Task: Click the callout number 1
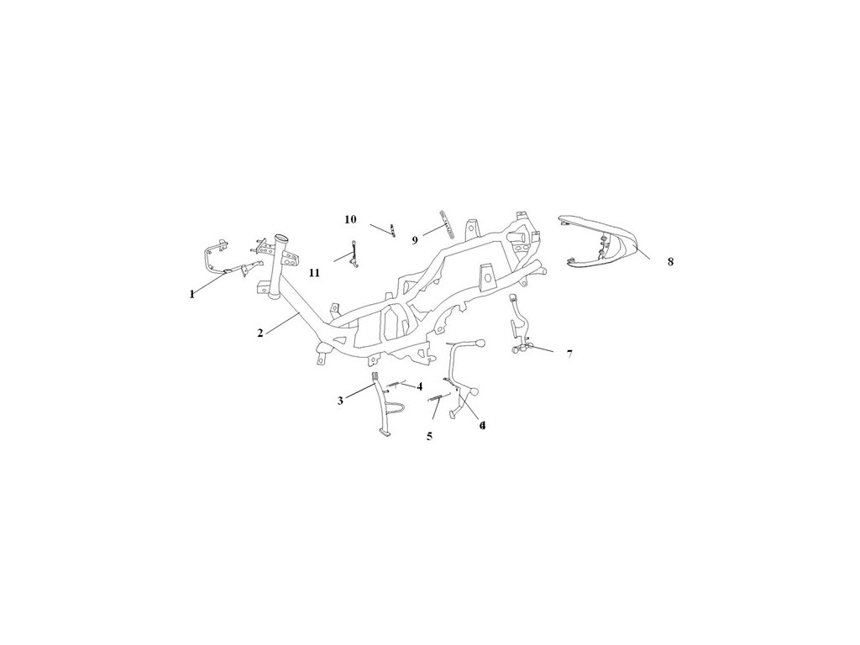pos(192,294)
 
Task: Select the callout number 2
pos(260,333)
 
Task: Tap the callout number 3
pos(340,401)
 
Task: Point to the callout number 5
pos(429,436)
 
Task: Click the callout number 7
pos(569,354)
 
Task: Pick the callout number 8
pos(670,261)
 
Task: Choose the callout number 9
pos(415,240)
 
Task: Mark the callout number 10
pos(350,219)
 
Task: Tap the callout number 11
pos(314,273)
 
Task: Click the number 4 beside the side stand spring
pos(419,386)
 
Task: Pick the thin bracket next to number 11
pos(356,254)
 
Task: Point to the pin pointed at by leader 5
pos(438,400)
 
